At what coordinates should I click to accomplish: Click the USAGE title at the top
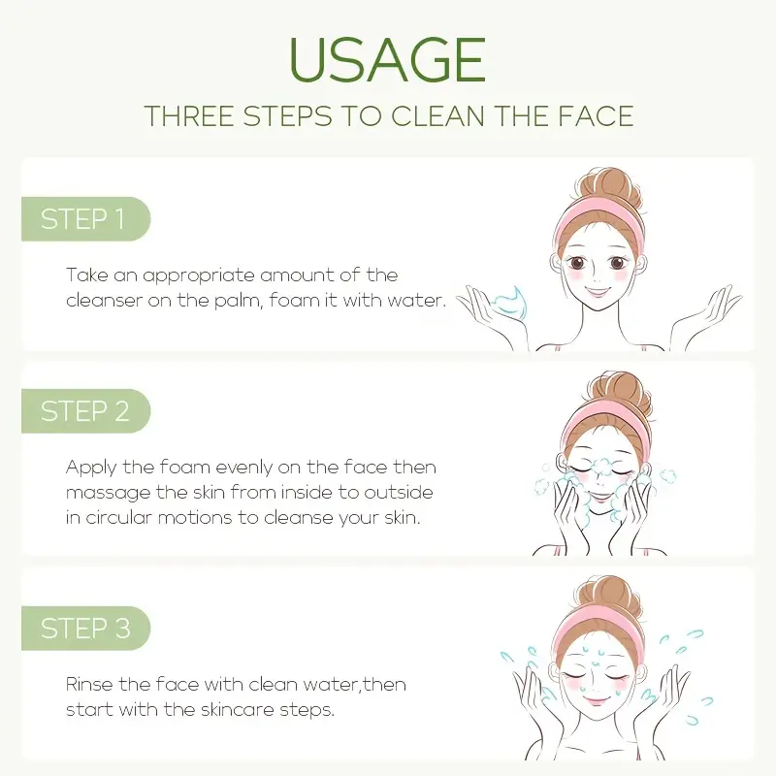[387, 59]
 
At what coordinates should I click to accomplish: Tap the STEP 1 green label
[85, 219]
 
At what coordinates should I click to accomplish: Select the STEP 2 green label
[85, 410]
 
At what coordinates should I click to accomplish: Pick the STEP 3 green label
[85, 628]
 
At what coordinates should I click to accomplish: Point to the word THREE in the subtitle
[189, 115]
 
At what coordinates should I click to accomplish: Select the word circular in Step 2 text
[118, 518]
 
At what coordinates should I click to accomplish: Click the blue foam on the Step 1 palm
[510, 300]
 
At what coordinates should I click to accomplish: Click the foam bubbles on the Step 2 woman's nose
[602, 468]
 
